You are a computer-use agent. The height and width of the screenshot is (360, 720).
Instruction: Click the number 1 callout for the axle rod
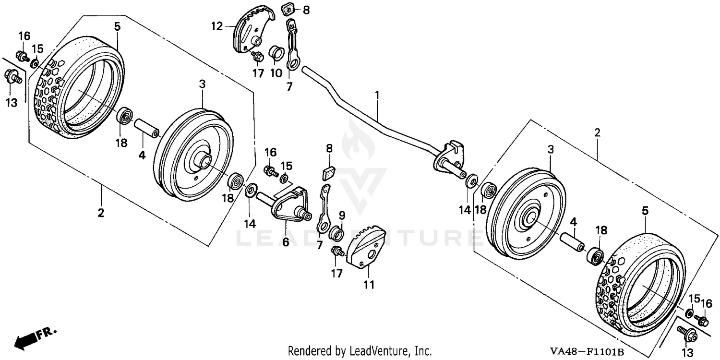[x=377, y=95]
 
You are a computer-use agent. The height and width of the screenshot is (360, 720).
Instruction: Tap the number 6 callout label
[x=286, y=242]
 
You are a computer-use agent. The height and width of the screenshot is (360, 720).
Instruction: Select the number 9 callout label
[x=342, y=214]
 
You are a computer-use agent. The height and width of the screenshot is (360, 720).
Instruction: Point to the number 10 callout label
[x=276, y=73]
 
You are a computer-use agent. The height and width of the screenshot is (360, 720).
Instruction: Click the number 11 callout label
[x=368, y=284]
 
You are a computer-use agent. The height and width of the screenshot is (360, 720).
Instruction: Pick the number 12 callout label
[x=216, y=26]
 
